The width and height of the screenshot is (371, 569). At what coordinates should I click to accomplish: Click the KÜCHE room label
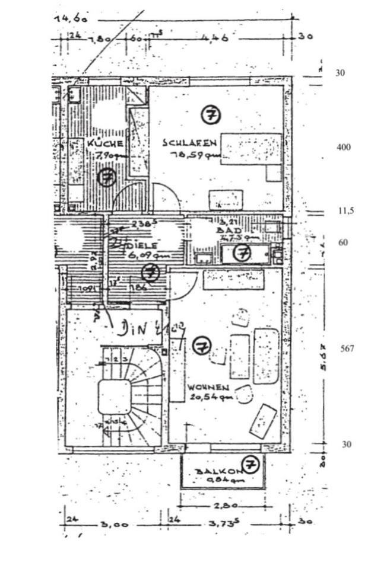pos(105,143)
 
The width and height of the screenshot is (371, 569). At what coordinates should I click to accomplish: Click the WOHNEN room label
pos(208,388)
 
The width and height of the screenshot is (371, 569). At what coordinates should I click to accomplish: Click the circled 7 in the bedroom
pos(210,114)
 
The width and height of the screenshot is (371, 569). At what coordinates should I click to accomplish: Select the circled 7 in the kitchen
pos(107,177)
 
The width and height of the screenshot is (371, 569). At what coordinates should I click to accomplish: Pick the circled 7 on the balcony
pos(251,464)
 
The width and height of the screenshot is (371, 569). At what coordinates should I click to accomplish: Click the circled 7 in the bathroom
pos(242,253)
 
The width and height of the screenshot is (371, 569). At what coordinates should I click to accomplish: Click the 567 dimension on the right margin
pos(347,349)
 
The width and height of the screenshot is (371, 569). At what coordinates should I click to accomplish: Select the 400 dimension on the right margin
pos(343,147)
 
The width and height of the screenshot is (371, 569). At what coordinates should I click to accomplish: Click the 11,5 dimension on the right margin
pos(346,210)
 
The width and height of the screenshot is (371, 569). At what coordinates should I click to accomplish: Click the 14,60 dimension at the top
pos(71,18)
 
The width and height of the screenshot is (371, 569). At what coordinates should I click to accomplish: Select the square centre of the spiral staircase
pos(114,397)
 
